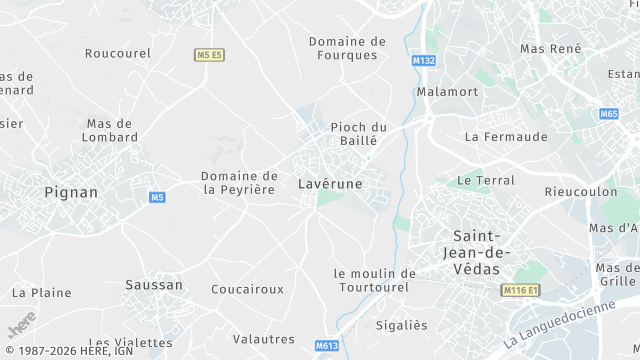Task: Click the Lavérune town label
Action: coord(330,184)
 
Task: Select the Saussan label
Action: coord(154,285)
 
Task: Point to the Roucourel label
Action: coord(117,53)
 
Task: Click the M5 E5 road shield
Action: coord(209,54)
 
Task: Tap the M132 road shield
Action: coord(424,61)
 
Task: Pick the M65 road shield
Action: coord(609,114)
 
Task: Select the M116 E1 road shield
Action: coord(519,290)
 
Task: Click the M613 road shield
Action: coord(326,346)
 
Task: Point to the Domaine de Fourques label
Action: coord(347,48)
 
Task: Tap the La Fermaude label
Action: coord(506,136)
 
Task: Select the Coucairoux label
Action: coord(247,289)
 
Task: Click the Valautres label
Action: coord(263,339)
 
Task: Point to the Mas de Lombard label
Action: coord(110,130)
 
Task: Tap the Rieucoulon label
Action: coord(578,191)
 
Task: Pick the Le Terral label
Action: coord(486,181)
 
